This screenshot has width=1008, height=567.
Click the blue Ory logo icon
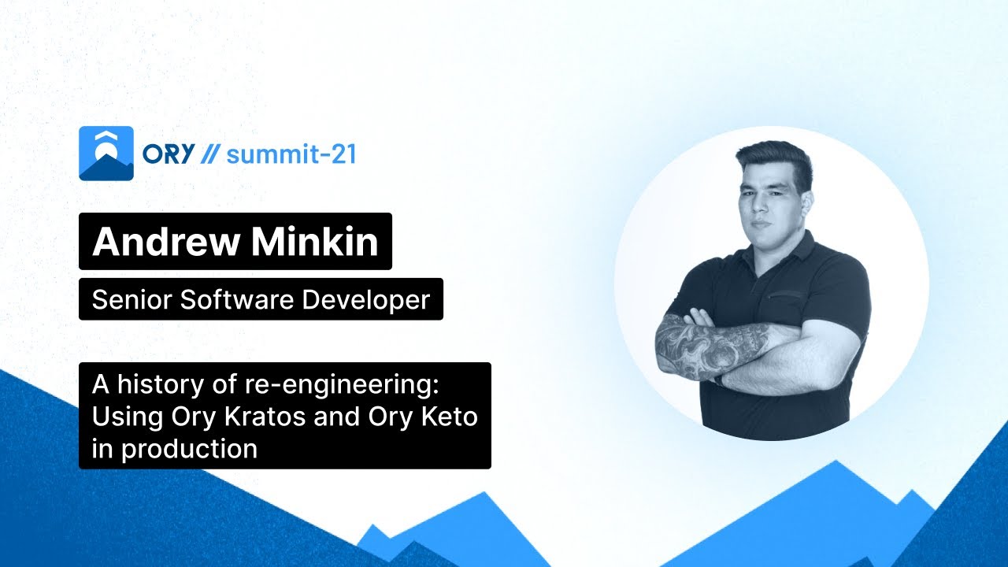[x=106, y=154]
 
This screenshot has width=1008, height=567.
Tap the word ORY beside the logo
[x=168, y=154]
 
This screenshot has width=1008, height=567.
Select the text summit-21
[x=291, y=154]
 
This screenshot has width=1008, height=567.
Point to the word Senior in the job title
[x=125, y=299]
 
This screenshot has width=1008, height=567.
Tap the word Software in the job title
[x=224, y=299]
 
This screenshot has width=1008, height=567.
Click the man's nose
[x=763, y=206]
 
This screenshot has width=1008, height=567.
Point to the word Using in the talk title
[x=126, y=417]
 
